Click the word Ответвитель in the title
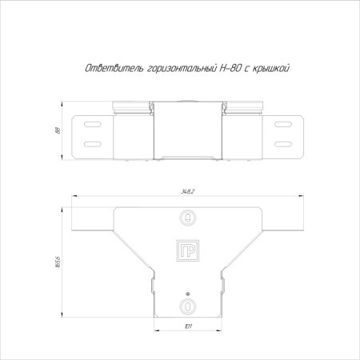pos(114,69)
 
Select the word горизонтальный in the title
pos(182,69)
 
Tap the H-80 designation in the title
pos(230,69)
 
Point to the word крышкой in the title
pos(270,69)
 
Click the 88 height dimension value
pos(58,130)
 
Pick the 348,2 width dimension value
pos(188,191)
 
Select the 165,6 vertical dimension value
pos(58,262)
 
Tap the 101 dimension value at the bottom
pos(188,326)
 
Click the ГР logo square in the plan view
pos(188,250)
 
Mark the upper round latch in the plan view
pos(188,218)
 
